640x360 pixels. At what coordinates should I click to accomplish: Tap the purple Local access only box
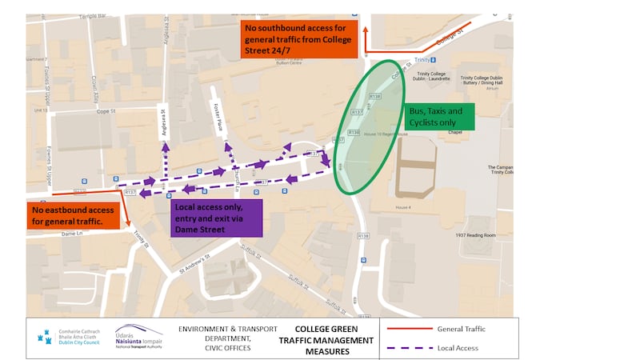[x=218, y=218]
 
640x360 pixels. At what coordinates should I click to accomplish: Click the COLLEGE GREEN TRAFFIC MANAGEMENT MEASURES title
[x=334, y=340]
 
